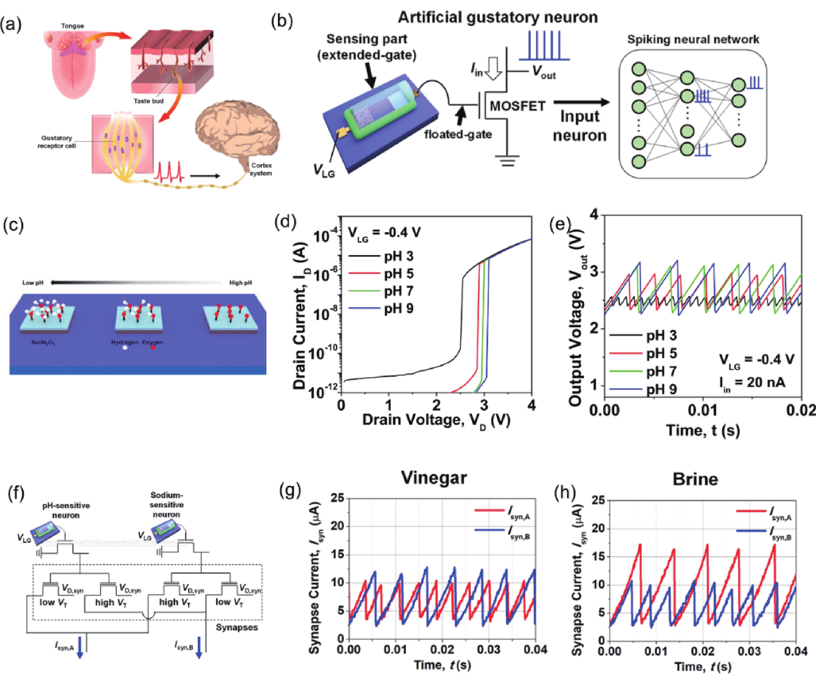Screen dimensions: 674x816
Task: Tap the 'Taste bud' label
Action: pyautogui.click(x=148, y=101)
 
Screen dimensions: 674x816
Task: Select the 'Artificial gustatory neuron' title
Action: pyautogui.click(x=497, y=17)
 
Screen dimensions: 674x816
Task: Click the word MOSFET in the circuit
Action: pyautogui.click(x=518, y=106)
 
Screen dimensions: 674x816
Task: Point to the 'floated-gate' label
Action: pyautogui.click(x=458, y=134)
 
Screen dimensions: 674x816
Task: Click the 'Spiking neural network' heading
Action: pyautogui.click(x=693, y=40)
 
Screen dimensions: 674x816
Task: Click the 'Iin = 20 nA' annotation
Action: pyautogui.click(x=751, y=383)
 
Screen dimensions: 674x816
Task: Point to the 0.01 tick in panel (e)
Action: pyautogui.click(x=703, y=410)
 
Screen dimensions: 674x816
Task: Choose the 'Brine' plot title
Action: pyautogui.click(x=695, y=479)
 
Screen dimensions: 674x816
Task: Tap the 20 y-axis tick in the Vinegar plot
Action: pyautogui.click(x=337, y=526)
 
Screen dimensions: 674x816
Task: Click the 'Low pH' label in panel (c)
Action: pyautogui.click(x=33, y=283)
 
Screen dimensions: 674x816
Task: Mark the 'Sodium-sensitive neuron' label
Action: pyautogui.click(x=166, y=505)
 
